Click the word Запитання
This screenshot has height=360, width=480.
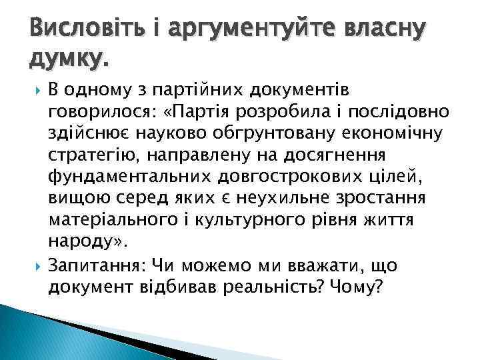tap(95, 266)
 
